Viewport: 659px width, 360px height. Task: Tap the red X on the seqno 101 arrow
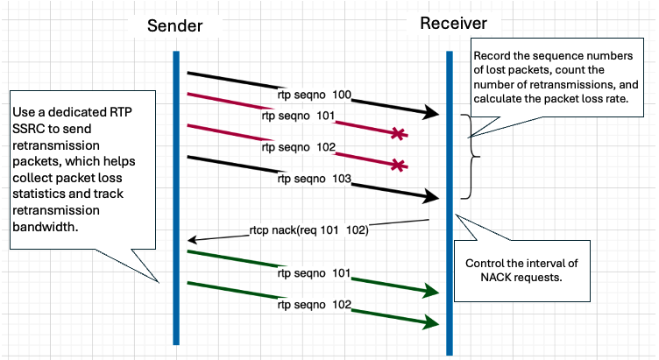point(399,134)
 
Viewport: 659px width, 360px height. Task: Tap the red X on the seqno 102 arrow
point(399,164)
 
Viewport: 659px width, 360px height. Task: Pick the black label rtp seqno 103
point(314,179)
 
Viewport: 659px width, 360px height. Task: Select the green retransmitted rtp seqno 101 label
point(315,272)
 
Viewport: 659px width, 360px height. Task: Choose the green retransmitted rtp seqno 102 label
point(315,306)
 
